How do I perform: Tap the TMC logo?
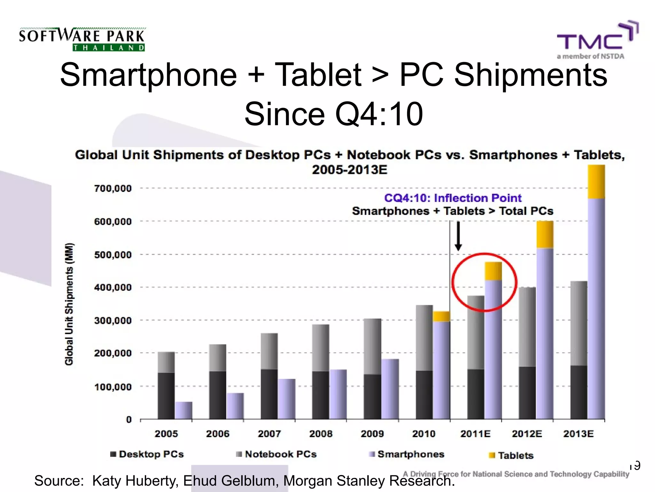click(x=597, y=40)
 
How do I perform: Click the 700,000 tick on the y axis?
click(x=113, y=188)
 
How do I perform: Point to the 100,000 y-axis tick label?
click(x=113, y=387)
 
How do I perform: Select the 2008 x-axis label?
click(x=321, y=434)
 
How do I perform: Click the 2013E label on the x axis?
click(x=578, y=434)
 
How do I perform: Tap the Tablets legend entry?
click(x=511, y=455)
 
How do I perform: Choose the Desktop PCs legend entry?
click(x=147, y=454)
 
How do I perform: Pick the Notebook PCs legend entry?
click(x=276, y=454)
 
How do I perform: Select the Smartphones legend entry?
click(x=407, y=454)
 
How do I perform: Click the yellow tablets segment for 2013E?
click(x=596, y=182)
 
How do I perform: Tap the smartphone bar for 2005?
click(x=184, y=410)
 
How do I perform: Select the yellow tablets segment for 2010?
click(x=441, y=316)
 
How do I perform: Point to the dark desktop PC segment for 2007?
click(x=269, y=394)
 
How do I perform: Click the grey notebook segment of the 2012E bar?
click(x=527, y=327)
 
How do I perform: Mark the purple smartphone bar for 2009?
click(x=390, y=389)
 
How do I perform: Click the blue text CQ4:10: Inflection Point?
click(x=453, y=198)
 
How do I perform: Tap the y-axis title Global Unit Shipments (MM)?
click(x=69, y=304)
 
